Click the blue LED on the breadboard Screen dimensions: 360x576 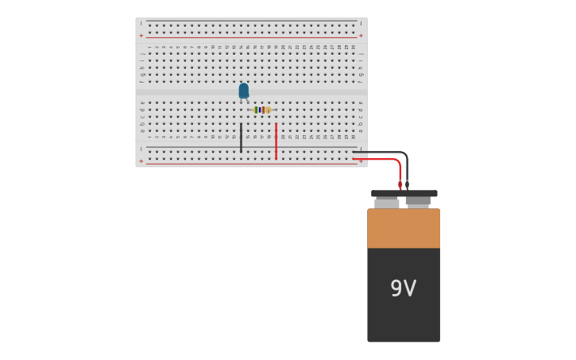243,91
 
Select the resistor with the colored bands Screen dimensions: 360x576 261,110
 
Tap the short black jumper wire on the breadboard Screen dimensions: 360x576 241,137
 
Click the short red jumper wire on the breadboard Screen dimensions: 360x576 276,141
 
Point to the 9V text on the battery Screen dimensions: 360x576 403,288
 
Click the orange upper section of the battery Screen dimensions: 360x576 403,228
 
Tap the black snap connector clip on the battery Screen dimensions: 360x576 404,193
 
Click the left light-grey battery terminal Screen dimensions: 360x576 387,203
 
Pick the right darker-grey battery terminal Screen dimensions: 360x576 418,202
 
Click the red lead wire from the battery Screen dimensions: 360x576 381,159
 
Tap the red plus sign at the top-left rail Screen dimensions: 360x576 141,36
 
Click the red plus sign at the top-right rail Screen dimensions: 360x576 361,36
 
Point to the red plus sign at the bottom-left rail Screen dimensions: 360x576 141,161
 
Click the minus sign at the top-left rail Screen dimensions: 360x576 141,23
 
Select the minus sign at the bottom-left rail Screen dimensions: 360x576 141,149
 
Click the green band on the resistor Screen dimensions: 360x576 257,110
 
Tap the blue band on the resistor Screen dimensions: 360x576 260,110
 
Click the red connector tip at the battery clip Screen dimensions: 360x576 400,185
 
